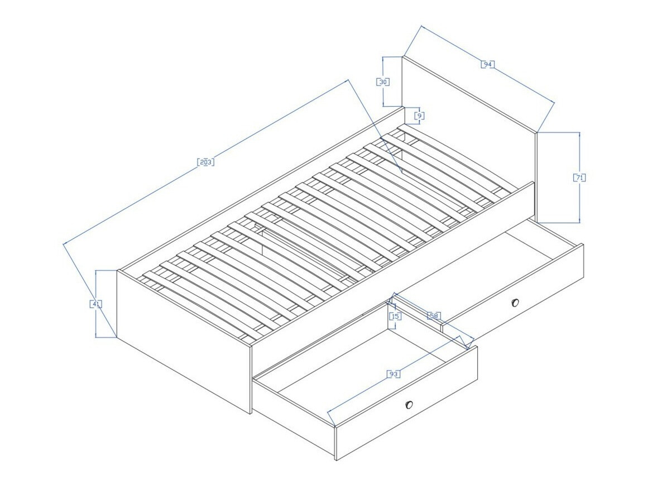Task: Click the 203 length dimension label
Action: coord(206,162)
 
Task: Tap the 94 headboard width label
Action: coord(487,64)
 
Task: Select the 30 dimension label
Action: coord(383,82)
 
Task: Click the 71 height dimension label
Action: coord(579,178)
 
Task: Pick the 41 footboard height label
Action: coord(96,304)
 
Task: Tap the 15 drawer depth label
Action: coord(395,316)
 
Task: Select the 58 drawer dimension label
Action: coord(434,315)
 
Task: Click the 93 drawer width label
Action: coord(394,374)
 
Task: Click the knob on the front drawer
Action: coord(409,404)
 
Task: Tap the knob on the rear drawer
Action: coord(515,303)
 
